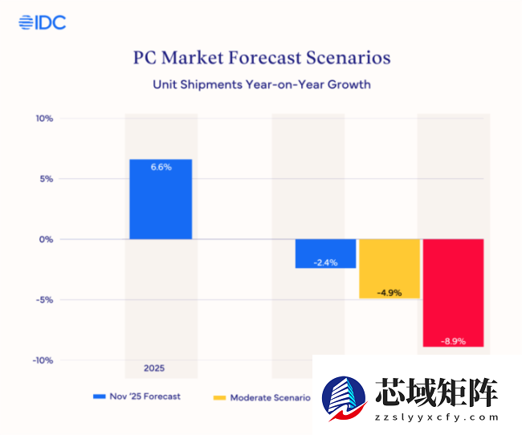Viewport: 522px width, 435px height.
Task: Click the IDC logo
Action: pos(42,22)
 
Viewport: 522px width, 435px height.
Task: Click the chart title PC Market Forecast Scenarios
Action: pos(262,59)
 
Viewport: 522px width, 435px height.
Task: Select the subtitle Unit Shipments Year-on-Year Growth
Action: pos(262,83)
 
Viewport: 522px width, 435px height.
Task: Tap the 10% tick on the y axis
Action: pos(43,119)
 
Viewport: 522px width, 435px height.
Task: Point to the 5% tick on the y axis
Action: pos(45,179)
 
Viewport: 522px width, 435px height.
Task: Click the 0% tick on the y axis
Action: pos(45,239)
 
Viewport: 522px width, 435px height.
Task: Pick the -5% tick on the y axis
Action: pos(43,299)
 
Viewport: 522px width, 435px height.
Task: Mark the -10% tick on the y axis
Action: pos(42,360)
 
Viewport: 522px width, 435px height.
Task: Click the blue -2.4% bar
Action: pos(325,253)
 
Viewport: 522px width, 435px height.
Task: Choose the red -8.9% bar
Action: pos(453,292)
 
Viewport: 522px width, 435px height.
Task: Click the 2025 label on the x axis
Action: pos(154,368)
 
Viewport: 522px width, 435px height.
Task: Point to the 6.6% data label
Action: pos(161,167)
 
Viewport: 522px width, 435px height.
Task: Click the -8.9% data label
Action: pos(453,341)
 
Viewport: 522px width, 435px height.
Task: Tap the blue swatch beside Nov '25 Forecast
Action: pos(100,396)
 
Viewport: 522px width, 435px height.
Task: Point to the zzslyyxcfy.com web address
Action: pos(437,418)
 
